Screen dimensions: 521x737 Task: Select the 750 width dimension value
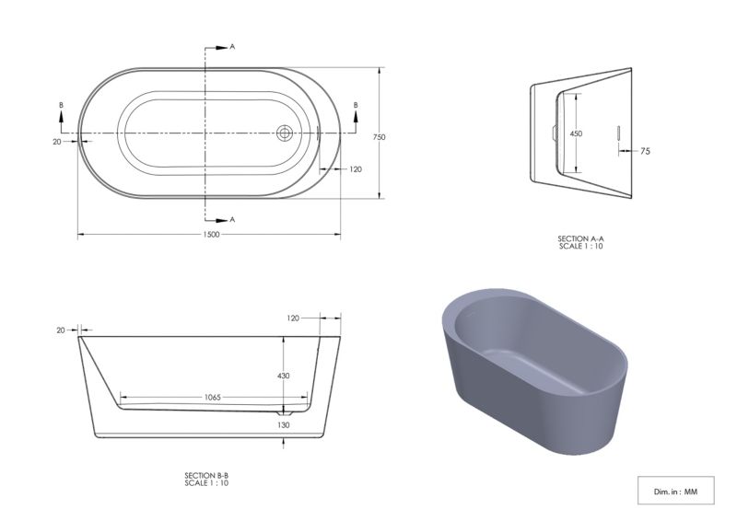click(379, 137)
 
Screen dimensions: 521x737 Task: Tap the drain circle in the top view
click(285, 134)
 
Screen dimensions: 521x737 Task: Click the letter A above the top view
click(232, 45)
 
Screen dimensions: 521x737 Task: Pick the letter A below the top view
click(232, 220)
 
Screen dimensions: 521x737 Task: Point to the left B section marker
click(61, 106)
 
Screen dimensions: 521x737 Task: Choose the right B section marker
click(357, 106)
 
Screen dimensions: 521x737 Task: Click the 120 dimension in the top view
click(356, 169)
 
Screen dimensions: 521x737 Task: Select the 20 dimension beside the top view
click(57, 142)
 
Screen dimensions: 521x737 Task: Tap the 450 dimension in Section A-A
click(576, 133)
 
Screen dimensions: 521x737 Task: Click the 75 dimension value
click(645, 150)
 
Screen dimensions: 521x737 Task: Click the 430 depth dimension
click(285, 376)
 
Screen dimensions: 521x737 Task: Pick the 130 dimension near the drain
click(284, 424)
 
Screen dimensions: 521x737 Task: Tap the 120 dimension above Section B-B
click(294, 318)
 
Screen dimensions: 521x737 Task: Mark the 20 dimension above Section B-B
click(61, 329)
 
